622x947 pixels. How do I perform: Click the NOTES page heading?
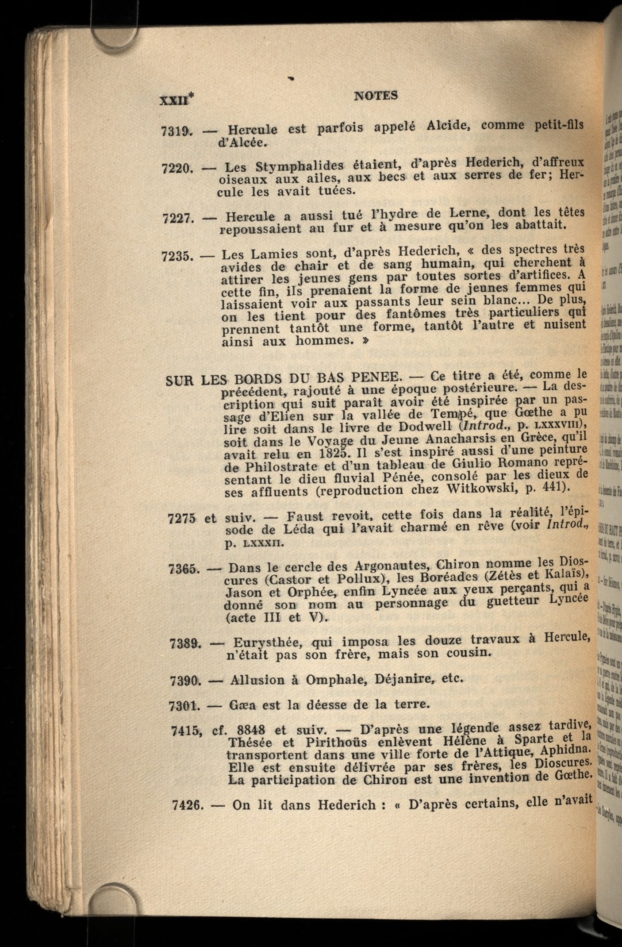(x=376, y=95)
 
